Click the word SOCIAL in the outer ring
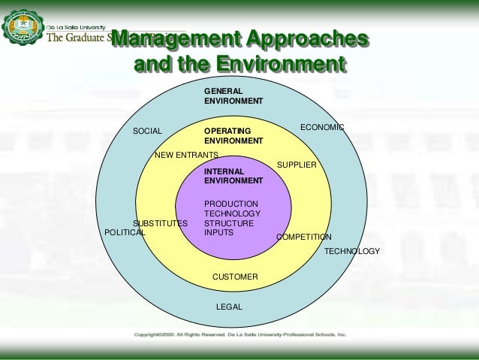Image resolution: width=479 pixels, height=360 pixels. tap(147, 132)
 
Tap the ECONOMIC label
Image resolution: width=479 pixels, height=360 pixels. tap(322, 128)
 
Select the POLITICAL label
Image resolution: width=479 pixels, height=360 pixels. tap(125, 233)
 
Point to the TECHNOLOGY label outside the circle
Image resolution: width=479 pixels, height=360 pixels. tap(352, 251)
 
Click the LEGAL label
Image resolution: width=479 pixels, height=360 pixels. tap(229, 307)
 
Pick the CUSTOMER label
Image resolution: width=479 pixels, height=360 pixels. tap(235, 277)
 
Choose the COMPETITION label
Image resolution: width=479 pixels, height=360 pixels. tap(304, 237)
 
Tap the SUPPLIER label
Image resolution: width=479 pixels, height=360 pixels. tap(297, 165)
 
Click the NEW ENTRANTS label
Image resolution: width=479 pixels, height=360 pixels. tap(186, 155)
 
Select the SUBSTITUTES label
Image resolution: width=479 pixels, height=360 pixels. tap(160, 224)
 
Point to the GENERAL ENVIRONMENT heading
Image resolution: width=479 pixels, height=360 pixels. tap(233, 95)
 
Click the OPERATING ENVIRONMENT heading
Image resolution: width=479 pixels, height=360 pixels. tap(233, 136)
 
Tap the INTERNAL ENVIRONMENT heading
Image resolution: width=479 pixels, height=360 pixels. tap(233, 176)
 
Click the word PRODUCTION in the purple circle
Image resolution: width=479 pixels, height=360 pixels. tap(231, 204)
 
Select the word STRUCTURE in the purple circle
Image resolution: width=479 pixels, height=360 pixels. tap(229, 223)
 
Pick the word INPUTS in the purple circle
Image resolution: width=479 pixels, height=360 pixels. tap(219, 233)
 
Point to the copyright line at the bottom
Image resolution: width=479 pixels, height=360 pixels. tap(239, 333)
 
